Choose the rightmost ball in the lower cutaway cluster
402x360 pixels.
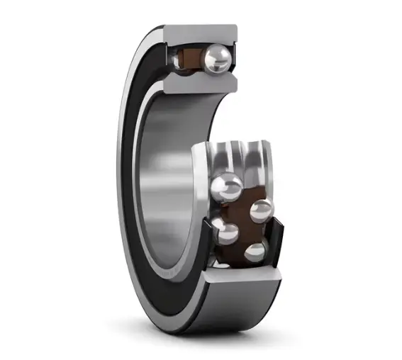point(262,208)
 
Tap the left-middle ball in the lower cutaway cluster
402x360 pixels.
point(227,232)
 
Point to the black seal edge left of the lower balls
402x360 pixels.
point(211,248)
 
